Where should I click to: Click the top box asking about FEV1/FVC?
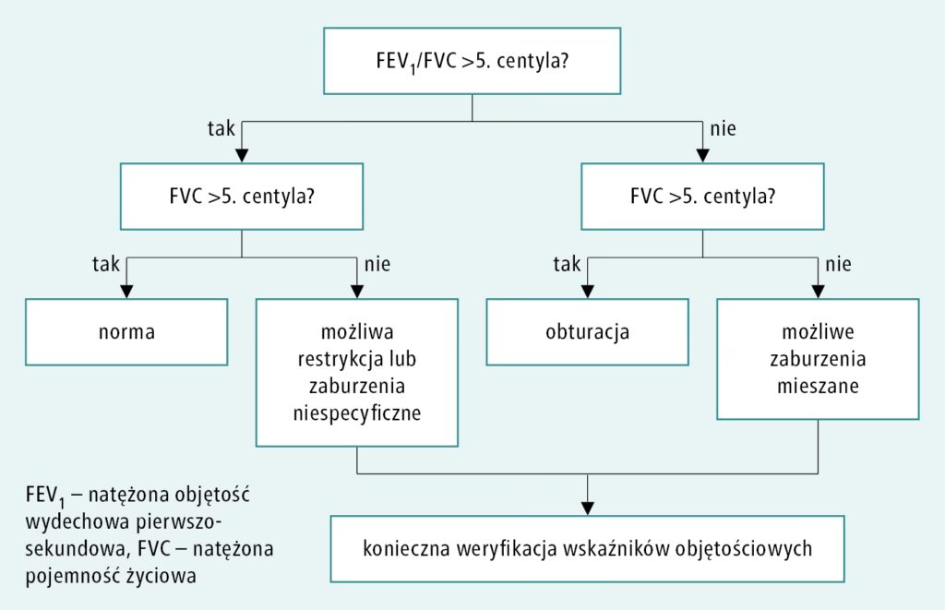[472, 62]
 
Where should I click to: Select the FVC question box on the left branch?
[241, 197]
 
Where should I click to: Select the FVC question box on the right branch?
[702, 197]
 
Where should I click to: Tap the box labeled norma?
[126, 332]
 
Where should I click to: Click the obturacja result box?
[588, 332]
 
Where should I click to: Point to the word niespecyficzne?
[356, 413]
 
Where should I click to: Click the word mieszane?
[817, 387]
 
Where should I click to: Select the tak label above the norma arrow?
[106, 264]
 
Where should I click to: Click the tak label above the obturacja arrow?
[567, 264]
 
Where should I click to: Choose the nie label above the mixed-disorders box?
[839, 265]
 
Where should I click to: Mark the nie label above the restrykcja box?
[377, 265]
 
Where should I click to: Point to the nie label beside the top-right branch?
[723, 128]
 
